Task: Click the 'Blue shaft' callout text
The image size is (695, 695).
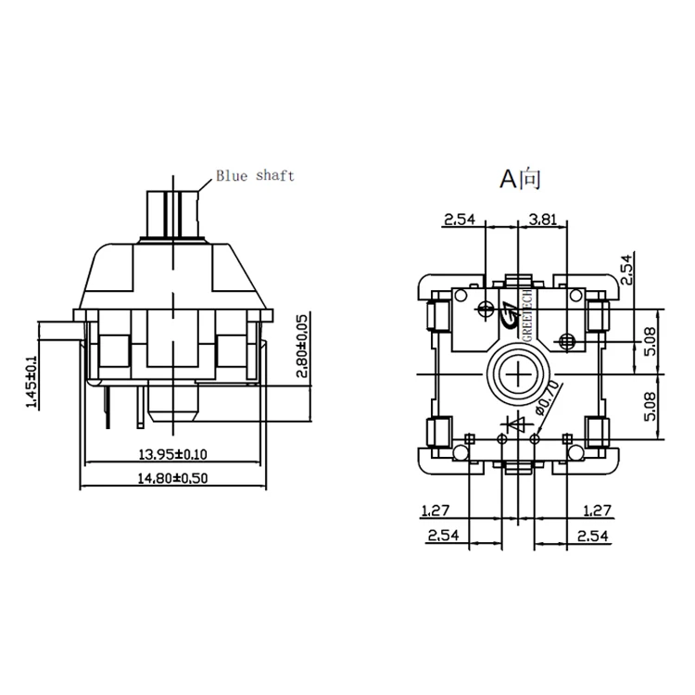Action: click(255, 175)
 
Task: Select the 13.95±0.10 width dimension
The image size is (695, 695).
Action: click(173, 454)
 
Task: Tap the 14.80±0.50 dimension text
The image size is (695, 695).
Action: click(173, 479)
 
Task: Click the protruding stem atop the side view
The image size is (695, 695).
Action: click(173, 212)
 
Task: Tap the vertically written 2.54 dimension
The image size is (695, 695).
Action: click(625, 269)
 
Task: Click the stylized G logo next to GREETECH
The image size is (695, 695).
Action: click(509, 315)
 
